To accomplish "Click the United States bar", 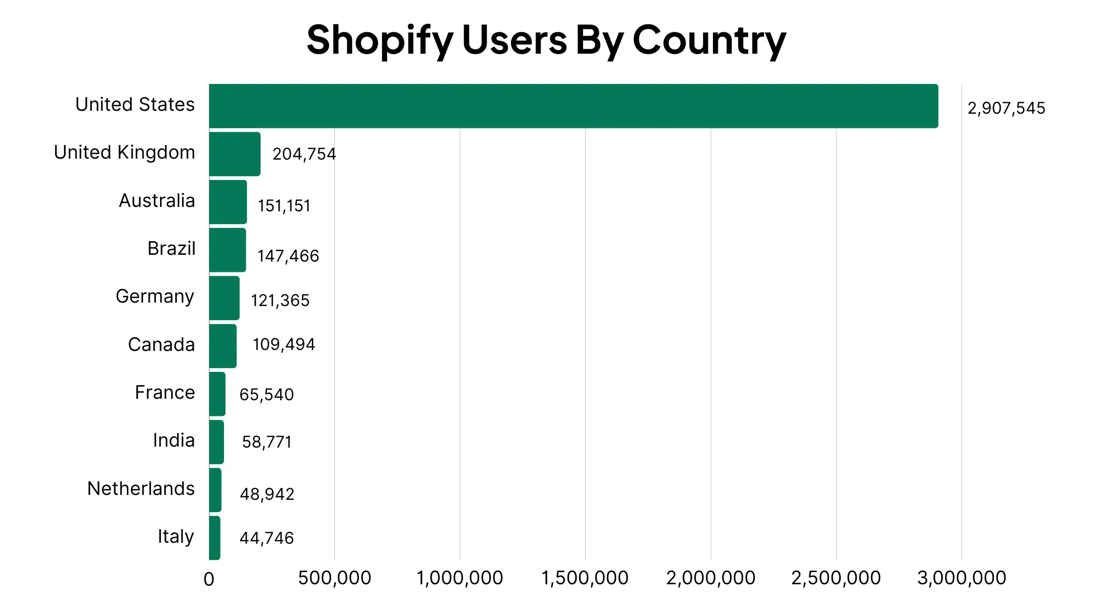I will [573, 106].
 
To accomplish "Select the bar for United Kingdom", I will [235, 154].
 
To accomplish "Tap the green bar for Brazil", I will [227, 250].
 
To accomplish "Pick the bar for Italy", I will [215, 538].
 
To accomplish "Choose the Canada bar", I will [223, 346].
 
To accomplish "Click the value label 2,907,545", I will [1006, 108].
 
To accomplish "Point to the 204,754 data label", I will [304, 154].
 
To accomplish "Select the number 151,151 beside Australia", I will [284, 206].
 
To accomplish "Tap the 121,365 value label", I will [280, 301].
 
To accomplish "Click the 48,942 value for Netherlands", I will [267, 494].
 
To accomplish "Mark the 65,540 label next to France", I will [266, 395].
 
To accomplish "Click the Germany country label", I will [155, 297].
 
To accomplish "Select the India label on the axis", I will [174, 441].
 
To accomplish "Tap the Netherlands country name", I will [141, 489].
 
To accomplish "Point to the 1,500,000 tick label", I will [585, 578].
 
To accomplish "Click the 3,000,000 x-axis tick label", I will [961, 578].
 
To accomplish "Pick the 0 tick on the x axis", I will [209, 579].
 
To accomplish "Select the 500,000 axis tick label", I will [334, 578].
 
